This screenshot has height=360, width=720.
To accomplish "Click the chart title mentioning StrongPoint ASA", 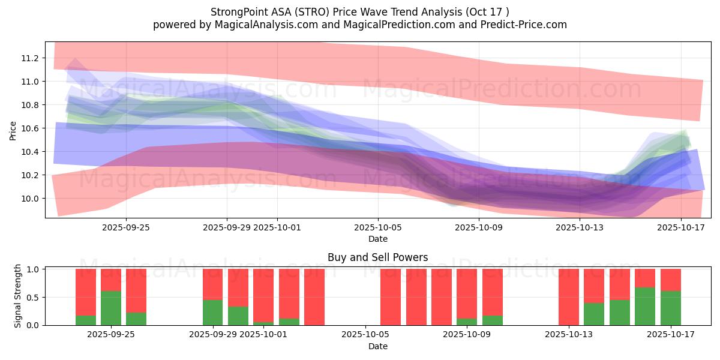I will pyautogui.click(x=360, y=12).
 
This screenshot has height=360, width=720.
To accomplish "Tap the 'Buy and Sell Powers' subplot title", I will pyautogui.click(x=377, y=257).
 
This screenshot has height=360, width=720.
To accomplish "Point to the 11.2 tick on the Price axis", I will pyautogui.click(x=29, y=58).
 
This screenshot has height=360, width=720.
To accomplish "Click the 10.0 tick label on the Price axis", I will pyautogui.click(x=29, y=199).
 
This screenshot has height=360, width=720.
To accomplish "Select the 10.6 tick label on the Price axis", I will pyautogui.click(x=29, y=128).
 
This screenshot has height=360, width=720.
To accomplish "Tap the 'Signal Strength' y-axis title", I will pyautogui.click(x=18, y=296).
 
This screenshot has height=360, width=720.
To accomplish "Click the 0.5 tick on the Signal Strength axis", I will pyautogui.click(x=33, y=297).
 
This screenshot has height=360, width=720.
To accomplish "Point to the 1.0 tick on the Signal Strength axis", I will pyautogui.click(x=33, y=269).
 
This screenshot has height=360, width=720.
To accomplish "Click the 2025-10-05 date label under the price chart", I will pyautogui.click(x=377, y=227).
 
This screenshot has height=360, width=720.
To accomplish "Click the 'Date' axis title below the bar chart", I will pyautogui.click(x=377, y=346).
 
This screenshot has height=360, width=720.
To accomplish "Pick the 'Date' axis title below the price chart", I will pyautogui.click(x=377, y=239).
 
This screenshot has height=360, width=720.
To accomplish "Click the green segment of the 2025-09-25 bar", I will pyautogui.click(x=111, y=308).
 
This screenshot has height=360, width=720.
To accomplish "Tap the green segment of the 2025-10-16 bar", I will pyautogui.click(x=645, y=306).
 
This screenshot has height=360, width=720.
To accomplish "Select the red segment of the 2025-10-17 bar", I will pyautogui.click(x=670, y=280).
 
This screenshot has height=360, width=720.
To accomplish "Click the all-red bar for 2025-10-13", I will pyautogui.click(x=569, y=297).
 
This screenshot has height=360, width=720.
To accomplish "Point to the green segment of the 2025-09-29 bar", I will pyautogui.click(x=212, y=312).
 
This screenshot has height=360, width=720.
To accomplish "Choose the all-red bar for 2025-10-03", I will pyautogui.click(x=314, y=297).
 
